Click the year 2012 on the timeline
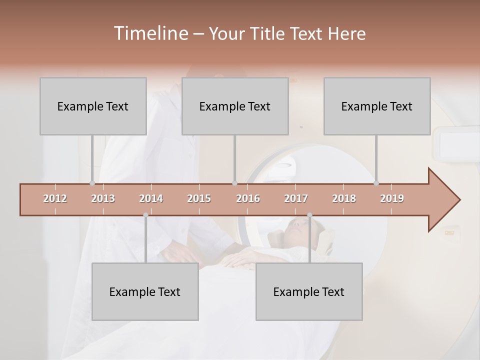[x=55, y=198]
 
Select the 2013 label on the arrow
[x=103, y=198]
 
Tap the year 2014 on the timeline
[x=151, y=198]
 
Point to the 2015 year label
[x=199, y=198]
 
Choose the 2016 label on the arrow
[x=248, y=198]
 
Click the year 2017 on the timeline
[x=296, y=198]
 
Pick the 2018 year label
[x=344, y=198]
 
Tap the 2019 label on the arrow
[x=392, y=198]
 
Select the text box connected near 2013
[x=93, y=106]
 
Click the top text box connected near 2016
[x=235, y=106]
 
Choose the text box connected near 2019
[x=377, y=106]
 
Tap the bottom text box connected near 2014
[x=145, y=291]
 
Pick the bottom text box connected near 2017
[x=309, y=291]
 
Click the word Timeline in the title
[x=149, y=33]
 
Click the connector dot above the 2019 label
[x=376, y=183]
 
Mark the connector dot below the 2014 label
[x=145, y=215]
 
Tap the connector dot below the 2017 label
[x=309, y=215]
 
